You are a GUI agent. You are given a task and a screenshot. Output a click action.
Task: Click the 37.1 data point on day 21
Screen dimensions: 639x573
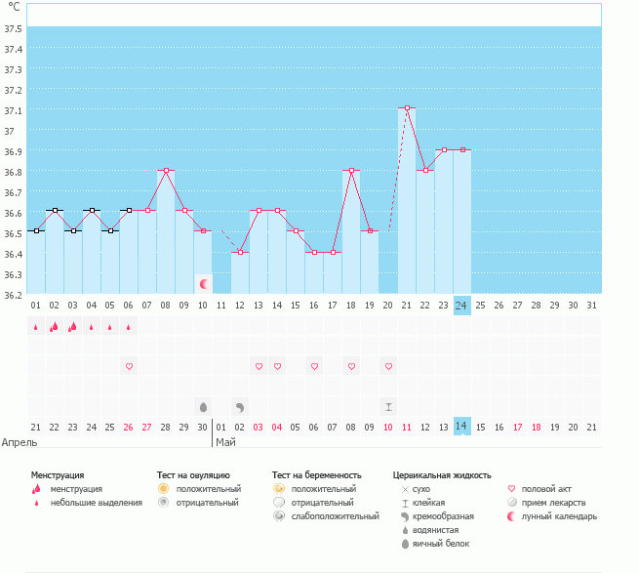coord(407,108)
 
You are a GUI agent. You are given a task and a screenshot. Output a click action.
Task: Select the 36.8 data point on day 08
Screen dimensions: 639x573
coord(166,170)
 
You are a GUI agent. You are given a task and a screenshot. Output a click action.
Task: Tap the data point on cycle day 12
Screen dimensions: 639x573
coord(240,253)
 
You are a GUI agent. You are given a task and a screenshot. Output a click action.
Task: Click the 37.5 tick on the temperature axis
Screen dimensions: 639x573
coord(13,28)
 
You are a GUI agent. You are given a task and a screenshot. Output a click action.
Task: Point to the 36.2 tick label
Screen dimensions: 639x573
coord(13,295)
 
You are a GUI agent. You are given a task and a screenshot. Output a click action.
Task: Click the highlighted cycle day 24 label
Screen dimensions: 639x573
coord(462,306)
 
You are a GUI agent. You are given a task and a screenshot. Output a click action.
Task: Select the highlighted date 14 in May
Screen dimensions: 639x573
coord(462,427)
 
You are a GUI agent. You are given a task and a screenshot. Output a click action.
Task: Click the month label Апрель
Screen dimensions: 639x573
coord(20,442)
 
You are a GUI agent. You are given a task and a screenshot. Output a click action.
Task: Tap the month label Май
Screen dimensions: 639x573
coord(225,442)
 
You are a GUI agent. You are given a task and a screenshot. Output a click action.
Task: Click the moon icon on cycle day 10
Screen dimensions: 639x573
coord(203,284)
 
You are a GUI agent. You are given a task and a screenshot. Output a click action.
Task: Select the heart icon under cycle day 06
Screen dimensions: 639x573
coord(129,366)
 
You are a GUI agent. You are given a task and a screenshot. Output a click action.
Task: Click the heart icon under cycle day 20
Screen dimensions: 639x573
coord(389,366)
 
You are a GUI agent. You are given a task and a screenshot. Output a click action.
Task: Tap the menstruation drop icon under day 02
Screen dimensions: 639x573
coord(54,327)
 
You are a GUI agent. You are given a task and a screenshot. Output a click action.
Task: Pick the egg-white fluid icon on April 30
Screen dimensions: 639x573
coord(203,407)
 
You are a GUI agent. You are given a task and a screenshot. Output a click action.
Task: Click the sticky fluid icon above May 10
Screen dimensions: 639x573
coord(389,407)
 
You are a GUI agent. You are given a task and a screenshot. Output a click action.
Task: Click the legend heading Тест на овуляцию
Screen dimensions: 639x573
coord(193,475)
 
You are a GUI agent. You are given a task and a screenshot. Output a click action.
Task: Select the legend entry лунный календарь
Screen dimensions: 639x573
coord(559,516)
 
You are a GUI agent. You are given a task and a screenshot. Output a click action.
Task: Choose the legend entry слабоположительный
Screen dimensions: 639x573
coord(335,516)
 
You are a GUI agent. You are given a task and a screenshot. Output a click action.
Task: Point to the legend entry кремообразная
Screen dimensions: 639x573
coord(443,516)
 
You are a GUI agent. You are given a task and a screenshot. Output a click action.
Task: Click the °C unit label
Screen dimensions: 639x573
coord(14,7)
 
